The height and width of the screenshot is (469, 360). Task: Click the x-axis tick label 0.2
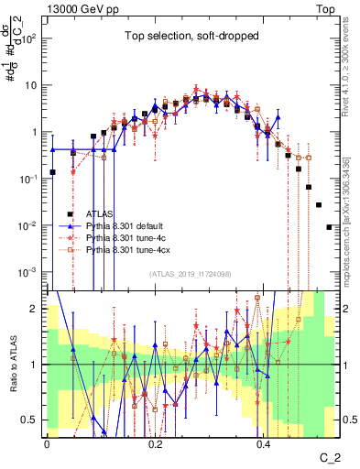pos(155,442)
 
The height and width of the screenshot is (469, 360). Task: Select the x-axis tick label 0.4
pos(263,442)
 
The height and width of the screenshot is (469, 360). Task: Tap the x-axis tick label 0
pos(47,442)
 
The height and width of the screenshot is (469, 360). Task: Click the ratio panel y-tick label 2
pos(37,308)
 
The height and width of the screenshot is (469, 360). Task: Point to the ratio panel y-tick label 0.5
pos(33,420)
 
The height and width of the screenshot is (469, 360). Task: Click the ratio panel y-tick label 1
pos(37,364)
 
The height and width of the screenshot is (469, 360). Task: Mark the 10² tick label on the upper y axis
pos(31,38)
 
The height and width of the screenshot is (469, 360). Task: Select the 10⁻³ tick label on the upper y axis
pos(31,272)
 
